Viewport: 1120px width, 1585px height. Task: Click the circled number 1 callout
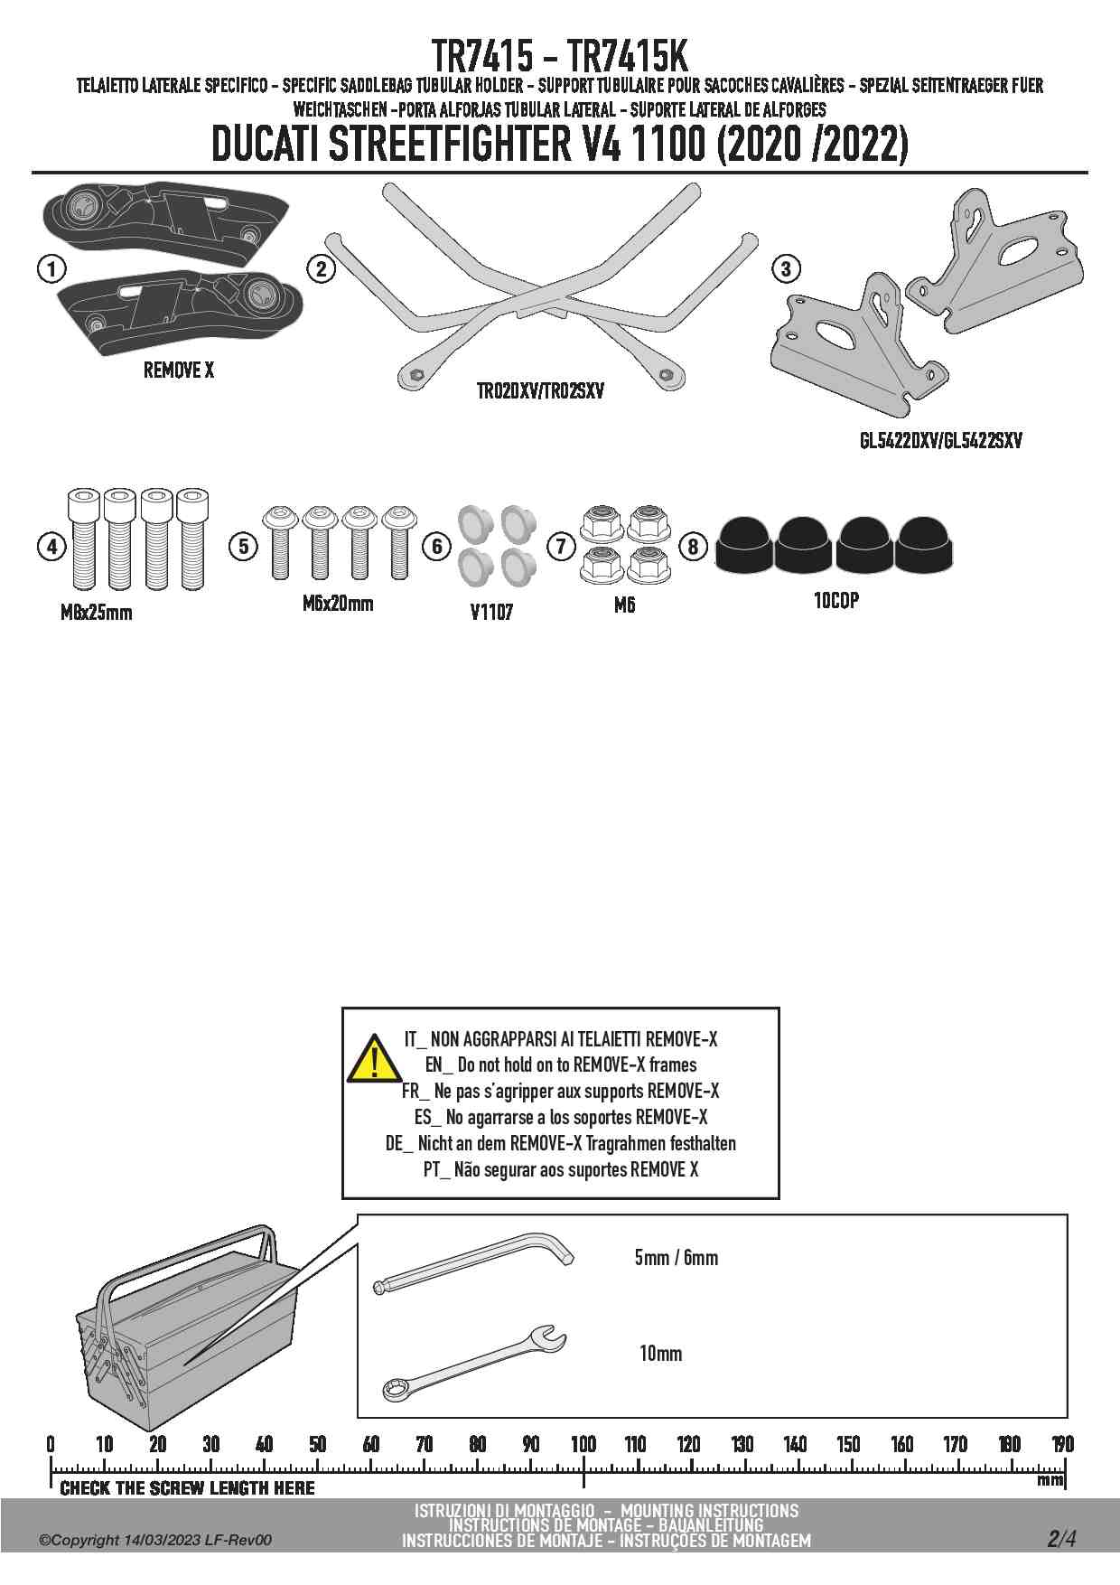point(52,268)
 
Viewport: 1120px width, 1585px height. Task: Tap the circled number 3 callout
point(786,268)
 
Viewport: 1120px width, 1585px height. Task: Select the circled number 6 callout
point(437,546)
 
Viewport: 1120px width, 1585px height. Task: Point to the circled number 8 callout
point(693,546)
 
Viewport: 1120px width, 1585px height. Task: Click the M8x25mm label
point(96,613)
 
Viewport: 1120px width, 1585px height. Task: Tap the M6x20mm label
point(338,604)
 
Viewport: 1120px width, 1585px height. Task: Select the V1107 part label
point(491,613)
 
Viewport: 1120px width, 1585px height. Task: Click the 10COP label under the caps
point(835,601)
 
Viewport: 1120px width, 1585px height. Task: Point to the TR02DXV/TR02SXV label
point(540,391)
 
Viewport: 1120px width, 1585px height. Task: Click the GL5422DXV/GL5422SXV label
point(940,441)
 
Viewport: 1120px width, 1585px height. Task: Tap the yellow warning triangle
point(372,1059)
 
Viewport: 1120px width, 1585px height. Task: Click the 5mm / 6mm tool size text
point(676,1257)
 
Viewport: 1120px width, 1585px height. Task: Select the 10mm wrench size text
point(660,1353)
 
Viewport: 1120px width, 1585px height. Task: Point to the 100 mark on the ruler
point(583,1444)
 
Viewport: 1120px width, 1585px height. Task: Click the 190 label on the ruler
point(1063,1444)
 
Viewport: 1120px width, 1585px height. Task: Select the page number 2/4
point(1061,1539)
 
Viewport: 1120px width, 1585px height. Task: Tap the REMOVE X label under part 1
point(179,370)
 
